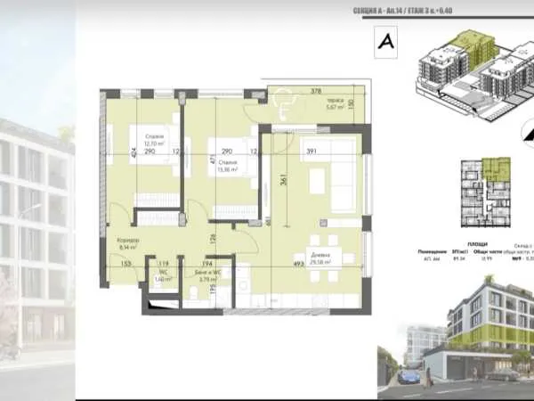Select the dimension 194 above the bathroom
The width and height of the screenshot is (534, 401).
(206, 264)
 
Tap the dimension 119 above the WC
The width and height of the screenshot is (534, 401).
(163, 264)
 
